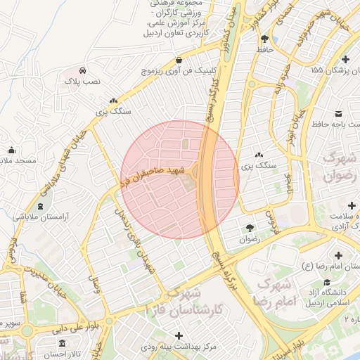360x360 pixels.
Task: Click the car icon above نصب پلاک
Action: [83, 71]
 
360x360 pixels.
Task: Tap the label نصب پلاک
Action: [83, 82]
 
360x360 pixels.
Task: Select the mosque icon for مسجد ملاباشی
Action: [11, 150]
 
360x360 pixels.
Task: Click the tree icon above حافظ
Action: [264, 39]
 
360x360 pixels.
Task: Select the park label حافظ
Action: [264, 50]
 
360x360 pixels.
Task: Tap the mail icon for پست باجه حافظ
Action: [338, 114]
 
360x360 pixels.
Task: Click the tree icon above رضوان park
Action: [250, 228]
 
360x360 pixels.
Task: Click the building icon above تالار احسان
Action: [62, 343]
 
